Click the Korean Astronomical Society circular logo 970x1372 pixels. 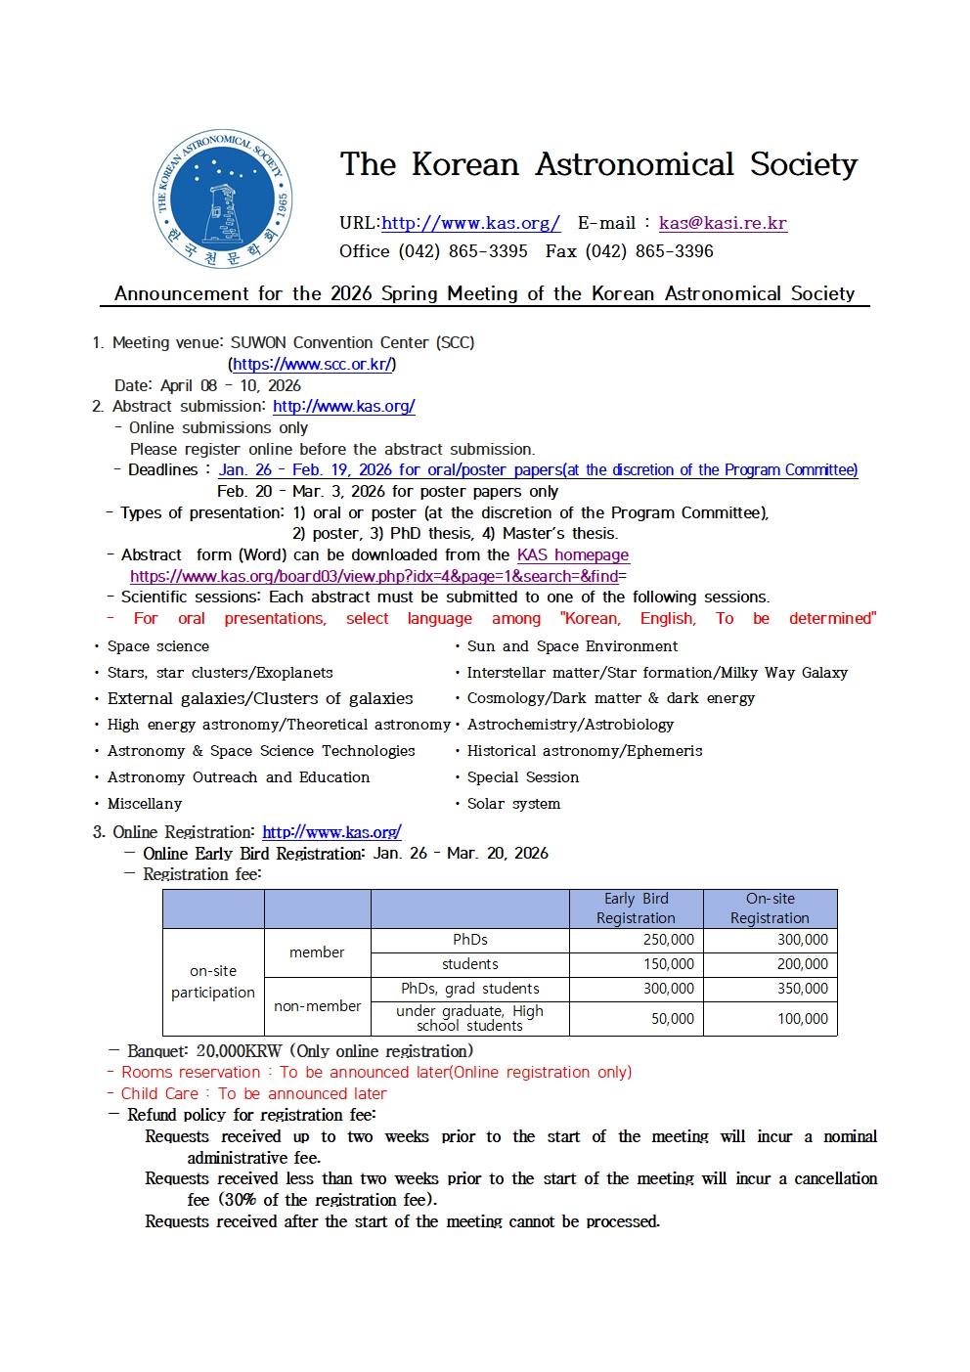[x=222, y=199]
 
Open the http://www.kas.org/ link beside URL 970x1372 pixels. [x=470, y=223]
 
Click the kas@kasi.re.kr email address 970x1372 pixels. [x=723, y=223]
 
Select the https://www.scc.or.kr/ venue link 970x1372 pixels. [x=312, y=364]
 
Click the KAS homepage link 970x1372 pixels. [x=572, y=554]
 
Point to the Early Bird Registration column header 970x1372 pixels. [x=636, y=908]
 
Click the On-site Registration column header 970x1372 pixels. [x=770, y=908]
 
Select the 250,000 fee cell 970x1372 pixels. [x=668, y=940]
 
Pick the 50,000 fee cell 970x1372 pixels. [x=672, y=1019]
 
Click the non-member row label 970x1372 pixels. [x=317, y=1006]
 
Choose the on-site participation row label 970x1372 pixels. [x=212, y=982]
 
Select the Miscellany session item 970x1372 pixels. [x=145, y=804]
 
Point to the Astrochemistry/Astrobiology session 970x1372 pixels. [x=570, y=725]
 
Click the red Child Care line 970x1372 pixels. [x=253, y=1093]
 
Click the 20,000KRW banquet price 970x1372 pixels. [x=239, y=1051]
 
